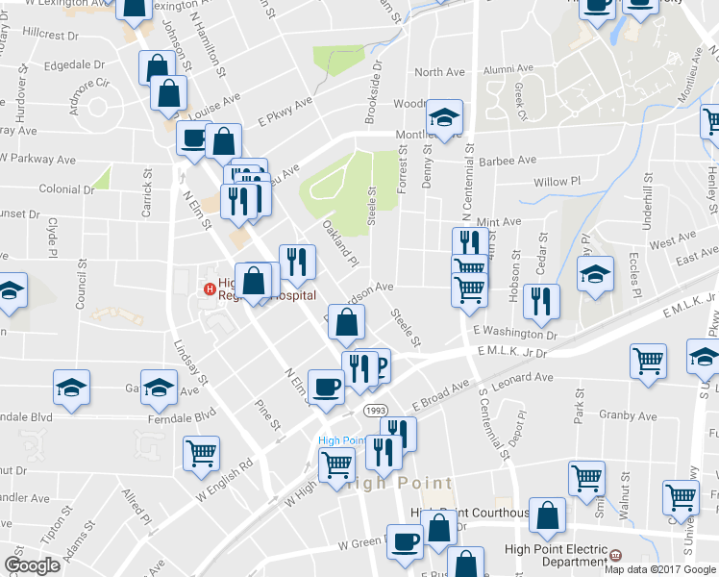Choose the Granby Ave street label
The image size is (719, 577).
tap(629, 416)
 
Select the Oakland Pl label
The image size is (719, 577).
tap(339, 245)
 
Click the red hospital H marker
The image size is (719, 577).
tap(208, 288)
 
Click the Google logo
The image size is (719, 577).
tap(32, 564)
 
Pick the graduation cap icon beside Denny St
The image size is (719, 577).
tap(444, 118)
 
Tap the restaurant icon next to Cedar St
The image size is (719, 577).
tap(542, 301)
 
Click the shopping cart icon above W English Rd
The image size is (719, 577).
tap(201, 453)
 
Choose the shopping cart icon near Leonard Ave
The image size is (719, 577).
tap(648, 362)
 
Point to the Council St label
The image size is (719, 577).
tap(82, 288)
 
